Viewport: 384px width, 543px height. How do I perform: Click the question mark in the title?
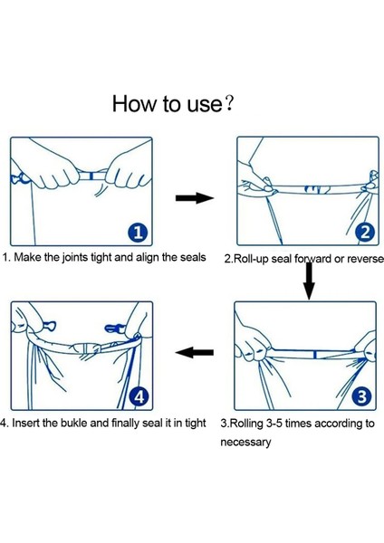229,103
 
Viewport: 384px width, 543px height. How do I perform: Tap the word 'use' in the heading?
204,105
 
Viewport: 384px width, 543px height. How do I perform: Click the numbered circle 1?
138,233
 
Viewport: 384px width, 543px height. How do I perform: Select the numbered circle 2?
365,233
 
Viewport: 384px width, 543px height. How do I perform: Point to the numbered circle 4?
139,397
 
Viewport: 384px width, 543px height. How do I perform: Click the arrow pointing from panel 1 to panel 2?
195,198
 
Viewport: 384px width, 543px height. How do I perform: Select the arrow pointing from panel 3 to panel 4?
194,353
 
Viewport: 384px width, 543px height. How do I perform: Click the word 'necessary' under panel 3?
245,443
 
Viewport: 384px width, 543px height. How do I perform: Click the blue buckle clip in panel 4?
114,328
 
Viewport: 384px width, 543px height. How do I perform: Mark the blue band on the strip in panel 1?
91,176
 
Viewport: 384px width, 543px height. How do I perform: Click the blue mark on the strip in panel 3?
314,355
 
